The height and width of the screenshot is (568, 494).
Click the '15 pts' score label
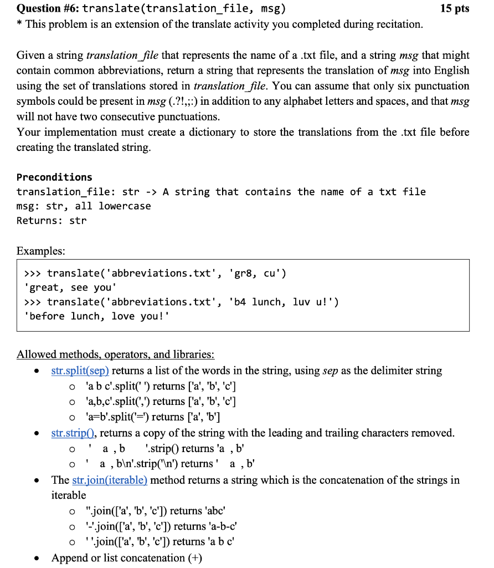point(454,8)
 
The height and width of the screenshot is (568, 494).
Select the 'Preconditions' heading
point(54,177)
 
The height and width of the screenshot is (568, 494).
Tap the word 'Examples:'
point(41,251)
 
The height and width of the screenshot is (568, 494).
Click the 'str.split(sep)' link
point(80,371)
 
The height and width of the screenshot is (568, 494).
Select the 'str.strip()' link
point(74,433)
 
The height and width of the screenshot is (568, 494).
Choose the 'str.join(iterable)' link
point(110,480)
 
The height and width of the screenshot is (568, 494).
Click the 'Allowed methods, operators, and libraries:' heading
point(115,354)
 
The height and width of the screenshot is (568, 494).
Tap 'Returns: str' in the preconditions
point(52,221)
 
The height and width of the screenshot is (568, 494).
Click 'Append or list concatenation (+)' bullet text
point(127,558)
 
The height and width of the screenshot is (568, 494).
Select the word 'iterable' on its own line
point(69,495)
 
